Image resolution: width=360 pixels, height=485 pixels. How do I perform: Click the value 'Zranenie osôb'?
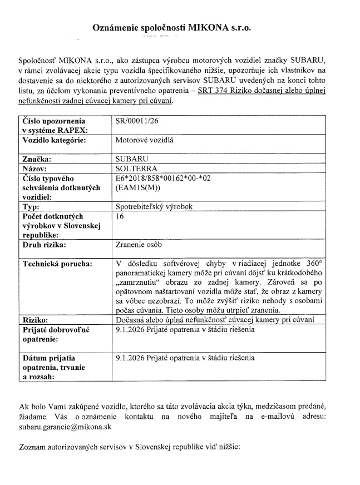point(138,245)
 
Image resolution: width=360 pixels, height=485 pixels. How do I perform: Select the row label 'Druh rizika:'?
point(44,245)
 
